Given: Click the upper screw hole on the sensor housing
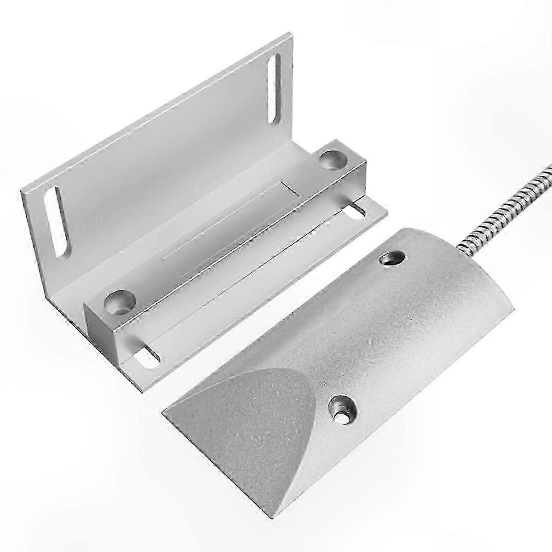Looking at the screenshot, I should (392, 259).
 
